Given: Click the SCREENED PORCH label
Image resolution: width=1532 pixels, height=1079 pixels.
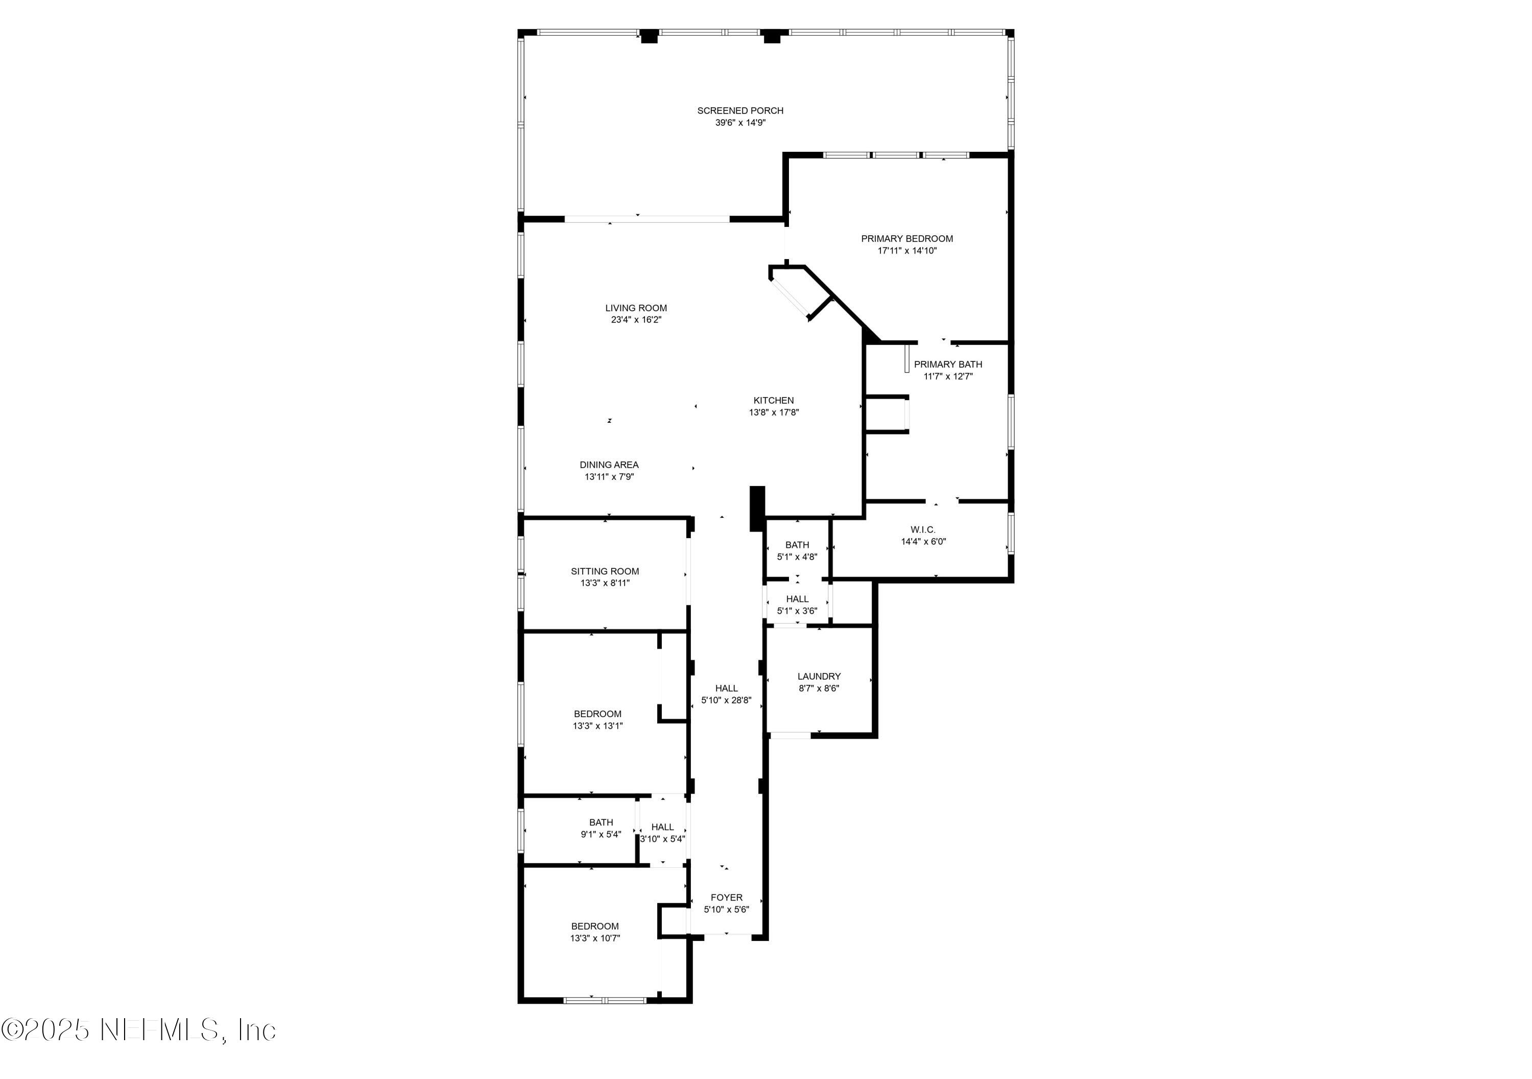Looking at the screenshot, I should click(x=740, y=111).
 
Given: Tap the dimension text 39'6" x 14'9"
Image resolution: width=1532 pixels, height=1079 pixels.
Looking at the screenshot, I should click(x=740, y=123).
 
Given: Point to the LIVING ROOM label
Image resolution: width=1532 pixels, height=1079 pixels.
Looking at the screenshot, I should click(x=636, y=308).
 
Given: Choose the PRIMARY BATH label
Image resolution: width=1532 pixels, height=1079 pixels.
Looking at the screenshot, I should click(x=947, y=364).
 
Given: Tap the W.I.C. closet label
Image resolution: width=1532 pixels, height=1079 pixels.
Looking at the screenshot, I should click(x=923, y=530).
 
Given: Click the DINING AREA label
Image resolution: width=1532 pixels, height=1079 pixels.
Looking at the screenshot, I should click(x=609, y=465).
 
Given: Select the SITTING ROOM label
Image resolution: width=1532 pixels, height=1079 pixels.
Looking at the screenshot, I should click(x=605, y=571).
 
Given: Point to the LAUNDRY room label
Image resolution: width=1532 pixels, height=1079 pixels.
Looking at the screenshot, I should click(x=819, y=676).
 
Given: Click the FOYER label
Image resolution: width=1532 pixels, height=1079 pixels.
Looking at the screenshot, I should click(x=726, y=898).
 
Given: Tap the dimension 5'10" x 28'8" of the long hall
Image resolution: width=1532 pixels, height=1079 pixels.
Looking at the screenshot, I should click(x=726, y=700).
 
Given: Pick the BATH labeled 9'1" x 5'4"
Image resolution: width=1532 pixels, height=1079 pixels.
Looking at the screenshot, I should click(x=601, y=822).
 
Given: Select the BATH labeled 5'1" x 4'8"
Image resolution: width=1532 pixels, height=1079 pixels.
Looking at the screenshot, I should click(x=797, y=545).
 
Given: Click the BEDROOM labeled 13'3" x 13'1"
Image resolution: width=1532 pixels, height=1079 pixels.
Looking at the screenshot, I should click(x=597, y=714).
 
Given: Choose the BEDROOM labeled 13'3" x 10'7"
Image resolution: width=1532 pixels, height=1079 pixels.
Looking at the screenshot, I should click(x=594, y=926).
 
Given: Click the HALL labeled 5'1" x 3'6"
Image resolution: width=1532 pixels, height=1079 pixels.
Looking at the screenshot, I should click(x=797, y=599).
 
